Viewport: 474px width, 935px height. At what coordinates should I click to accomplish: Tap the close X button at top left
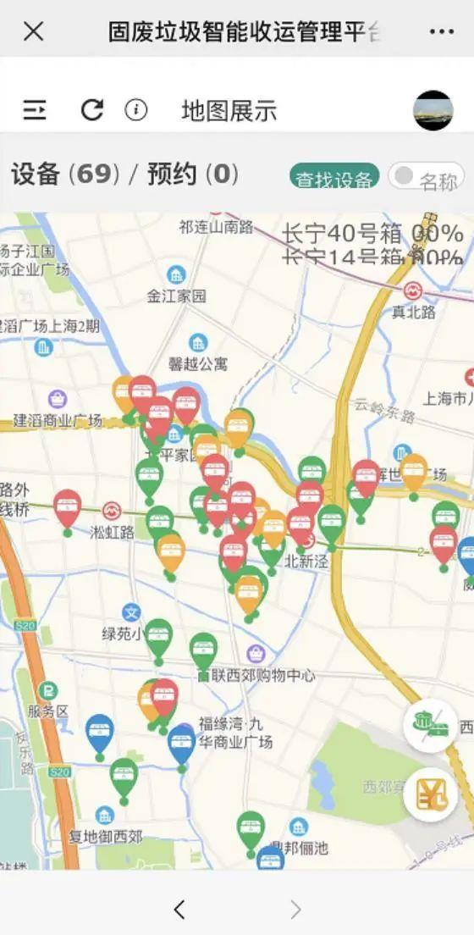34,32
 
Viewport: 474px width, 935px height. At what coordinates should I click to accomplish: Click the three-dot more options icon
441,32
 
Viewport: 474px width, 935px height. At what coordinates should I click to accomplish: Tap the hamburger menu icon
35,110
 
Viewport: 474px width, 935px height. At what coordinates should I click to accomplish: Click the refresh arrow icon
91,110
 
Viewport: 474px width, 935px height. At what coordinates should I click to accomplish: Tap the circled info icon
136,110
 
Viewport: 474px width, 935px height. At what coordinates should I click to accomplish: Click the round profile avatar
433,110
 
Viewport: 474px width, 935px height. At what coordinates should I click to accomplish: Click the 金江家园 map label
176,296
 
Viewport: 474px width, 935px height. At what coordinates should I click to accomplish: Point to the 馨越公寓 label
198,363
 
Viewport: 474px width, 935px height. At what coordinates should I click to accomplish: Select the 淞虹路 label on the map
112,532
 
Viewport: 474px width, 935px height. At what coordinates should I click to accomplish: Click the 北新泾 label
305,560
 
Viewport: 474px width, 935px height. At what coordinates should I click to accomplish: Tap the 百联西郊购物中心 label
256,675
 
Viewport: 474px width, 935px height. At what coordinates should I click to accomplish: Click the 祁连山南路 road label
216,226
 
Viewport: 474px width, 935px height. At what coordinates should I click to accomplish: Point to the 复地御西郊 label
105,837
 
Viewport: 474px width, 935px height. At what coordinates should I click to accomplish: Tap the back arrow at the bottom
179,910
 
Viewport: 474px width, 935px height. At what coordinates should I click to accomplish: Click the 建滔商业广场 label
58,420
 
